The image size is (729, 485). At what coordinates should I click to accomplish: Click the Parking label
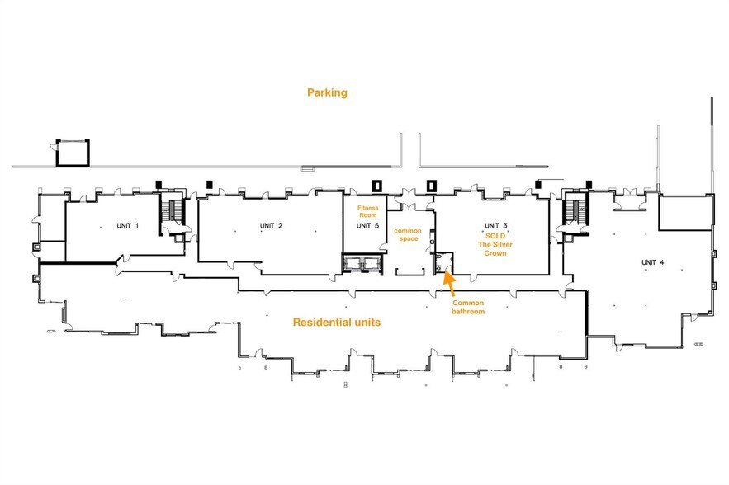[x=327, y=92]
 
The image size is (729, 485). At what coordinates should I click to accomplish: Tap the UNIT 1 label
[x=127, y=226]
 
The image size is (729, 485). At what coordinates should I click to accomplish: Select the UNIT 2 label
[x=271, y=226]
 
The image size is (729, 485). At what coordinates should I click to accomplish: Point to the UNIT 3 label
[x=496, y=226]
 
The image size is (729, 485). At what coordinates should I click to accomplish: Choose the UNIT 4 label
[x=653, y=262]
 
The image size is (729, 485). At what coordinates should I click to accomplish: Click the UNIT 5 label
[x=367, y=226]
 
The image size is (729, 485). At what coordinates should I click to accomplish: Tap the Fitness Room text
[x=367, y=211]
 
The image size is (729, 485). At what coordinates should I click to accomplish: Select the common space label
[x=408, y=234]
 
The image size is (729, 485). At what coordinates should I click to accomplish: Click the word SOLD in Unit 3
[x=495, y=236]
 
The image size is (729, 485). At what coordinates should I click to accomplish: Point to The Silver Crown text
[x=495, y=249]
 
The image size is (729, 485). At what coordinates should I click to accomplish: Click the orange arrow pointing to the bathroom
[x=449, y=283]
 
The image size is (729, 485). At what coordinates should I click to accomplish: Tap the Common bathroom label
[x=468, y=307]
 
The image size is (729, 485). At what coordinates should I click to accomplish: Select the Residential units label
[x=337, y=323]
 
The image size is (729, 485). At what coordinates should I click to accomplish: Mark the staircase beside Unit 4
[x=576, y=212]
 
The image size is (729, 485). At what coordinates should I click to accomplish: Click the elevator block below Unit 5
[x=362, y=263]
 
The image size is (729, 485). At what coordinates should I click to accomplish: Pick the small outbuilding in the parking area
[x=73, y=153]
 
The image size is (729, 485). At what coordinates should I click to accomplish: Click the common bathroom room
[x=443, y=263]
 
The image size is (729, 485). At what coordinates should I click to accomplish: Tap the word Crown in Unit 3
[x=495, y=253]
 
